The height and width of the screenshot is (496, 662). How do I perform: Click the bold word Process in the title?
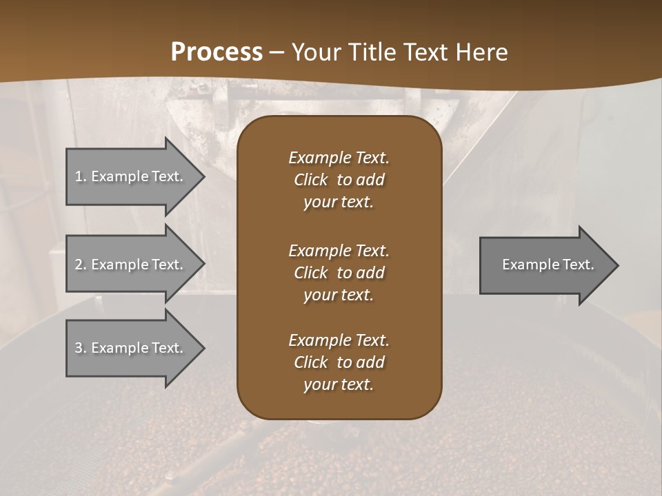217,52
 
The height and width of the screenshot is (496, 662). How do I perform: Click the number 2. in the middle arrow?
80,265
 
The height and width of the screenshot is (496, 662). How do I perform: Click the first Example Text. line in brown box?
339,158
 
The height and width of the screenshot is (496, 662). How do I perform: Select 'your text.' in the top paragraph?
339,203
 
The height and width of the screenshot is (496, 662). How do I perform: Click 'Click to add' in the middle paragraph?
339,273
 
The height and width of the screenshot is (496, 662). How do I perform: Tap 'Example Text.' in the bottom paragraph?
339,340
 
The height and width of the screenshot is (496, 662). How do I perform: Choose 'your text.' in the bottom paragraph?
339,384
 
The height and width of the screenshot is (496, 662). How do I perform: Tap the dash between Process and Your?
277,52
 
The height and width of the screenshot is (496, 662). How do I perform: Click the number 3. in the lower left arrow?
80,348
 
